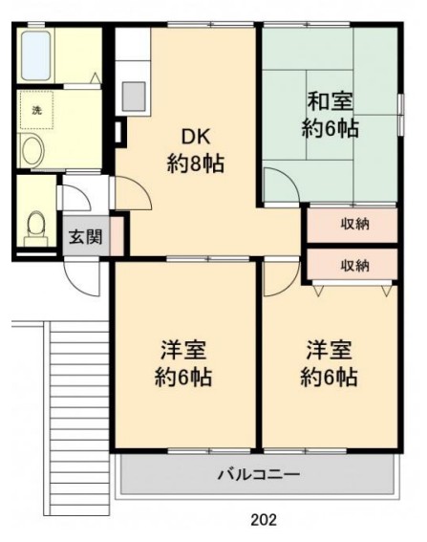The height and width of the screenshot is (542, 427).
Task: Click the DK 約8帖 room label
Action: [x=196, y=150]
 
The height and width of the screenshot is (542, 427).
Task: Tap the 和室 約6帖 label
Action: [x=330, y=115]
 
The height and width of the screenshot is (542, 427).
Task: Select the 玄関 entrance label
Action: [x=85, y=237]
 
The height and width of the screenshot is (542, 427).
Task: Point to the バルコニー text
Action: [x=259, y=474]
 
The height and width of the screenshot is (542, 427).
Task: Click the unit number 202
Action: [x=264, y=519]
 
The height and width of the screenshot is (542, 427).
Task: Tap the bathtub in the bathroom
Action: [x=36, y=55]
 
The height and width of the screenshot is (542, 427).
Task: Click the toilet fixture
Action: [x=35, y=228]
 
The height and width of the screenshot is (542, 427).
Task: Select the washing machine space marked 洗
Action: [x=36, y=110]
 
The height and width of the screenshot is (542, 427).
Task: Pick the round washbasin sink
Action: [x=32, y=151]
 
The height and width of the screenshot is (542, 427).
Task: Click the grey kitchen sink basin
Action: [x=133, y=97]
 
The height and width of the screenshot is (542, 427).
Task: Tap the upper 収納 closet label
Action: [x=355, y=225]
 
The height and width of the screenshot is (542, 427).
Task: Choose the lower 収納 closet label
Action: [x=355, y=266]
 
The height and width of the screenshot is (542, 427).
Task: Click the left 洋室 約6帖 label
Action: [x=183, y=363]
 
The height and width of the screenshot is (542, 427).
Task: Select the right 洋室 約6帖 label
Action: [x=329, y=363]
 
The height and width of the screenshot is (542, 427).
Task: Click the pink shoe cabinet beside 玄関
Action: [x=117, y=236]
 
